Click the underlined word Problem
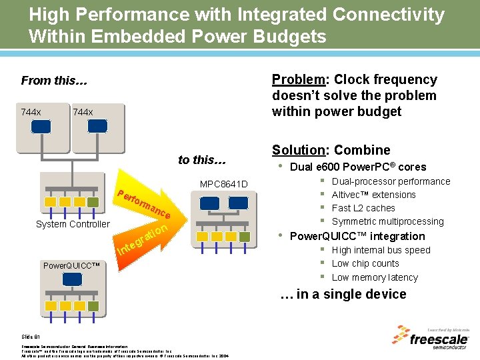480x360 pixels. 298,80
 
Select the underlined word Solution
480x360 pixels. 300,150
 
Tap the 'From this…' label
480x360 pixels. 54,81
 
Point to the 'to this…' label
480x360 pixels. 203,159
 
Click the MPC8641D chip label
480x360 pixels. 223,184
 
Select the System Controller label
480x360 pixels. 72,224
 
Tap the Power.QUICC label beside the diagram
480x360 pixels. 71,265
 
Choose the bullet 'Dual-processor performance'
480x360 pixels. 391,181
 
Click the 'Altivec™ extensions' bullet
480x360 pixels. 373,195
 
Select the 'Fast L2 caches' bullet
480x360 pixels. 363,208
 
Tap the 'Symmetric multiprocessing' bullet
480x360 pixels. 387,221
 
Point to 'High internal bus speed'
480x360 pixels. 381,250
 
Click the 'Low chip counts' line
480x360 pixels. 365,263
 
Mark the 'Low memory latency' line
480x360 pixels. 375,277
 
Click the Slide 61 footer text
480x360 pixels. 31,337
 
